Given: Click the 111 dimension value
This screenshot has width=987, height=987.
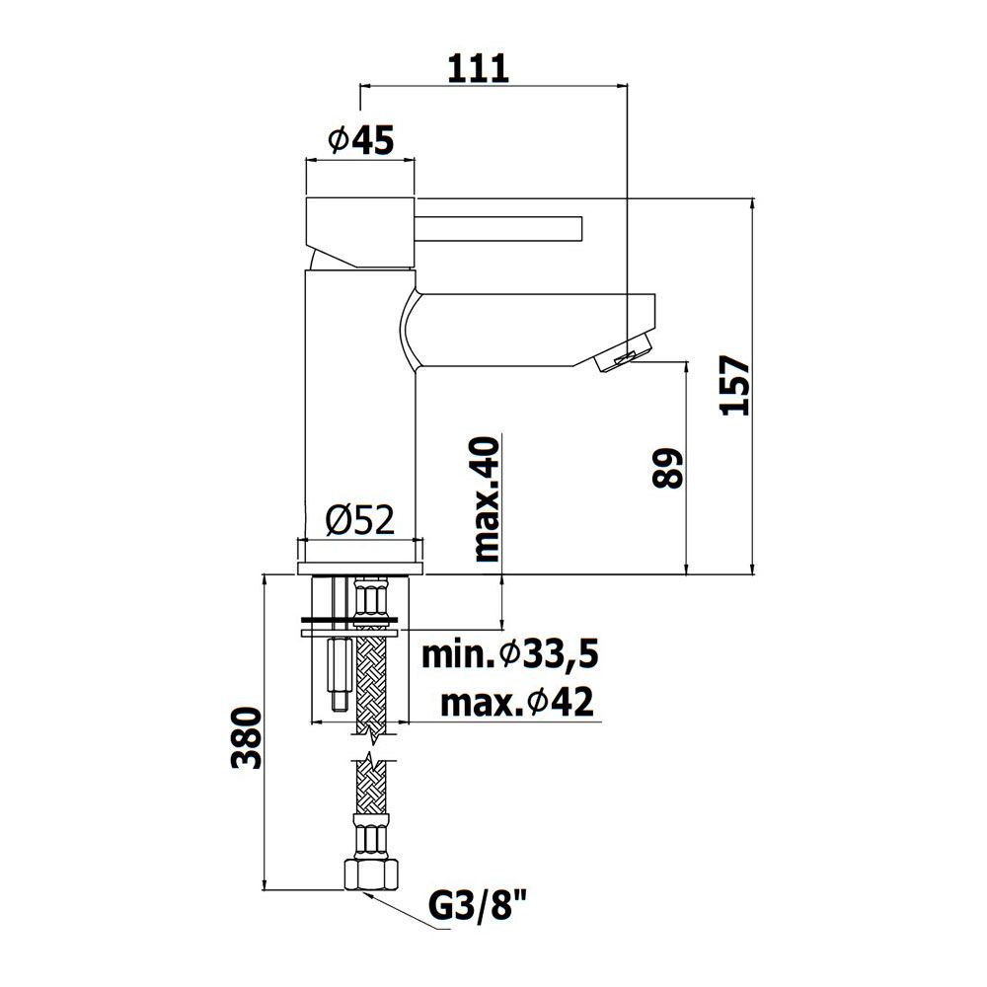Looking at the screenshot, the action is pyautogui.click(x=478, y=68).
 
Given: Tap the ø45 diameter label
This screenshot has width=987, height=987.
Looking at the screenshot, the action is pyautogui.click(x=360, y=140).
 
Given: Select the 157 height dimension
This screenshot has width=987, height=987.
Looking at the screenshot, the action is pyautogui.click(x=735, y=385).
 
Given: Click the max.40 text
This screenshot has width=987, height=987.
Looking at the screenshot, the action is pyautogui.click(x=486, y=499).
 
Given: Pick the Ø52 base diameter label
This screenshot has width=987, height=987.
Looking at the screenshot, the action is pyautogui.click(x=360, y=520).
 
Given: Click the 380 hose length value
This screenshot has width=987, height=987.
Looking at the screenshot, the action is pyautogui.click(x=246, y=737).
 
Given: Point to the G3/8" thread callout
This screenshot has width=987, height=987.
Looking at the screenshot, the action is pyautogui.click(x=477, y=908).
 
